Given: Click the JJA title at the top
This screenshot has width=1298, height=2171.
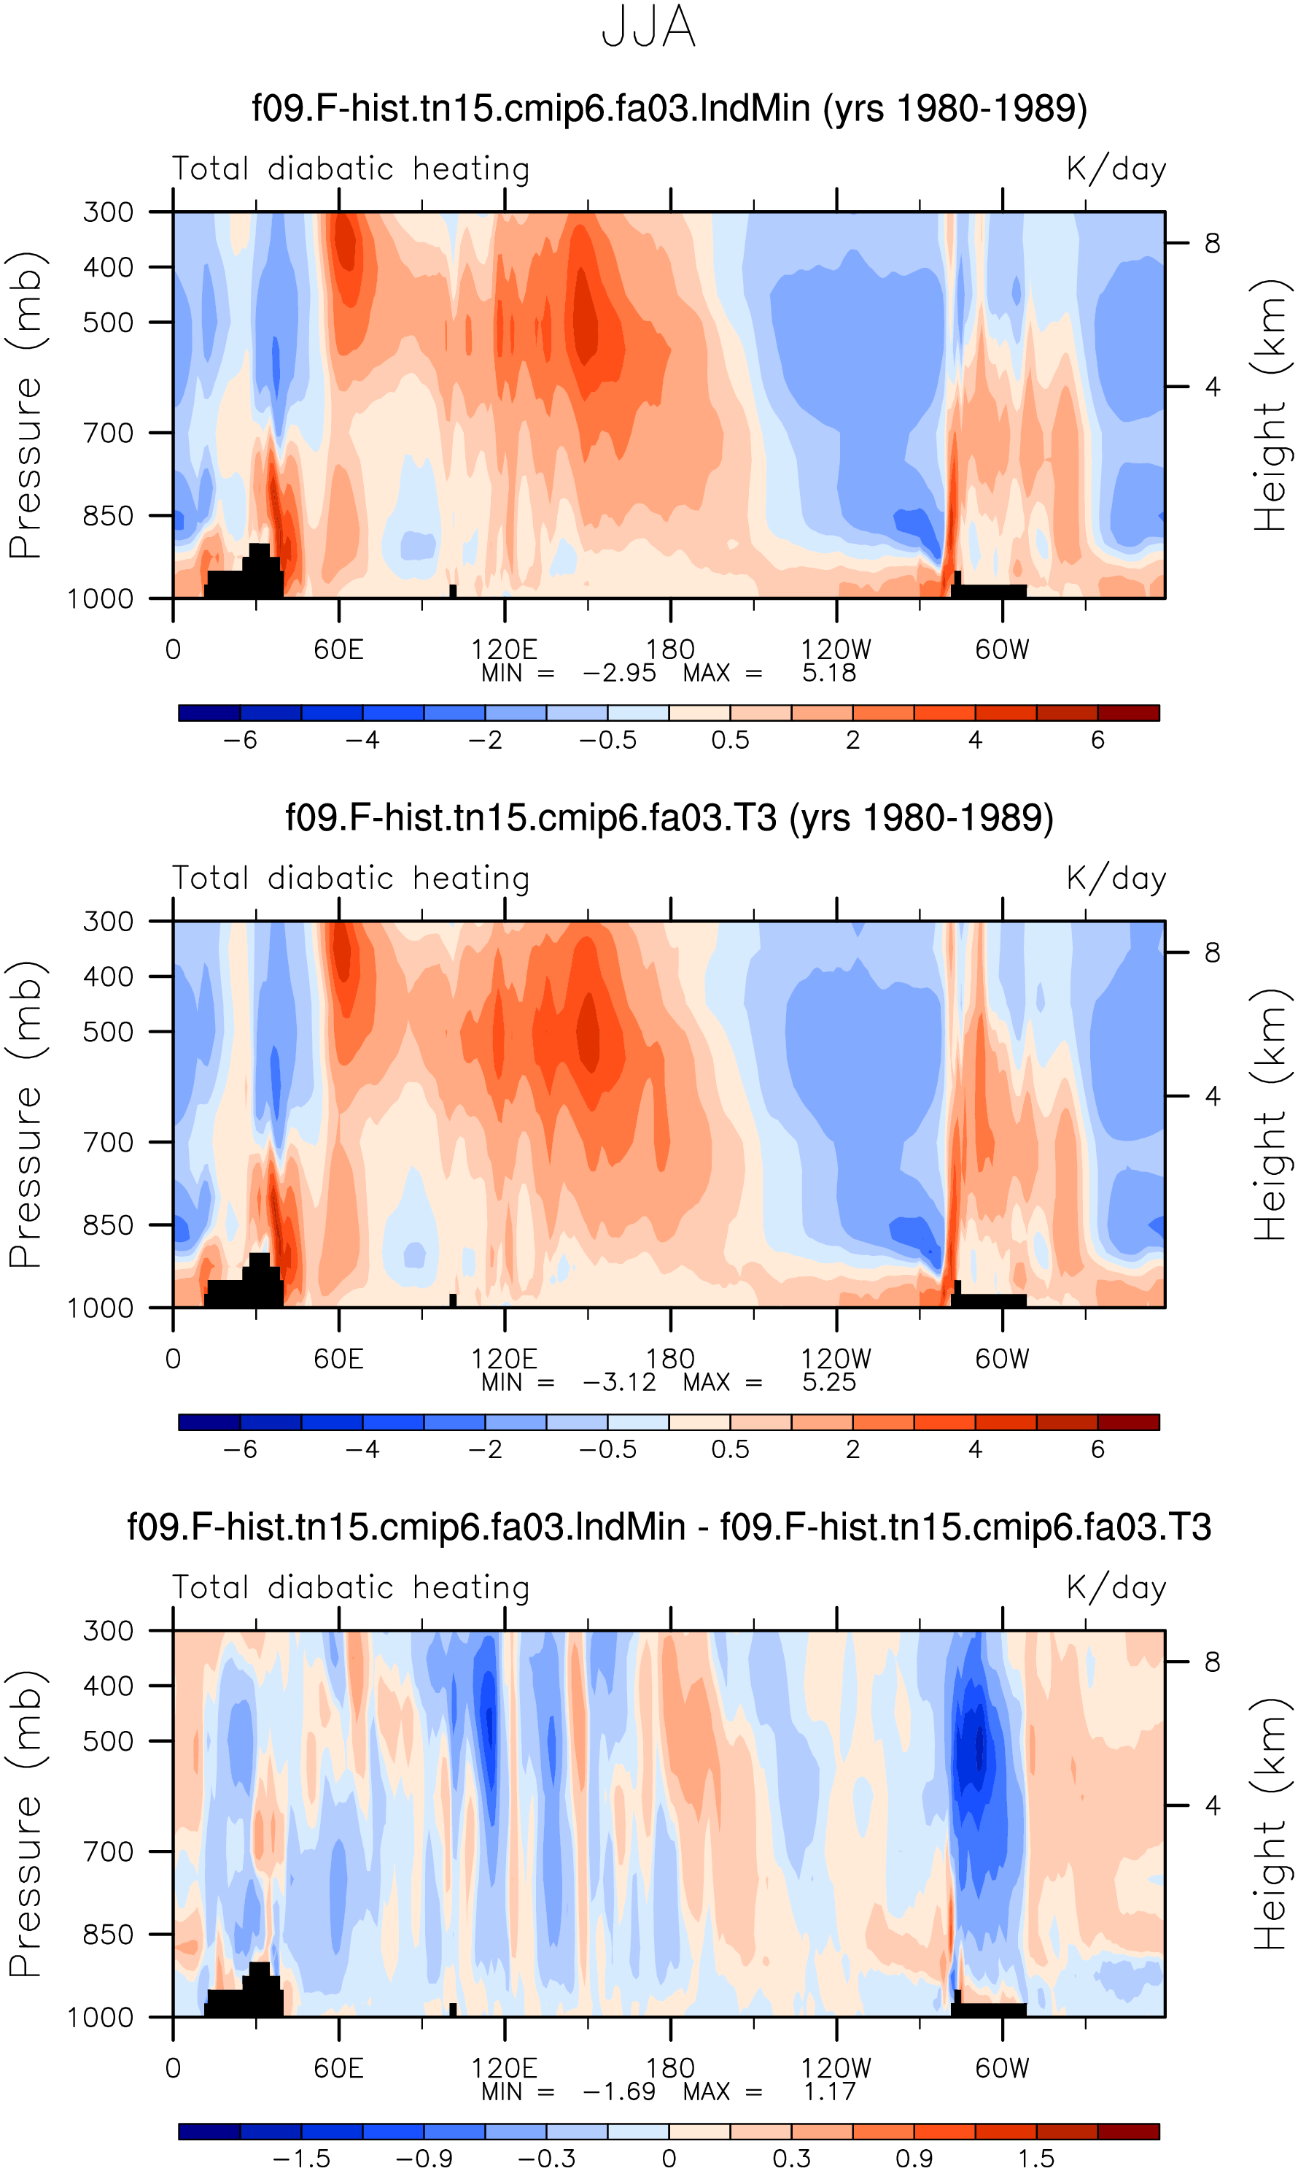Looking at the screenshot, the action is pyautogui.click(x=649, y=26).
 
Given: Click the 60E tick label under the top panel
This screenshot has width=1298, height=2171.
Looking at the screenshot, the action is pyautogui.click(x=338, y=649).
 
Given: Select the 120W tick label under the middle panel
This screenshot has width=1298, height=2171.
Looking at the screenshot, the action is pyautogui.click(x=836, y=1359).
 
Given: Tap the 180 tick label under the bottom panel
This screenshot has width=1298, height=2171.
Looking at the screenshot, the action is pyautogui.click(x=670, y=2069).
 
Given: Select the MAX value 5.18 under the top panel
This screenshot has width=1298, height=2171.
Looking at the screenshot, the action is pyautogui.click(x=829, y=673).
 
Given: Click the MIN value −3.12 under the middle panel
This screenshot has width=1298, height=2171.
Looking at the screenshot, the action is pyautogui.click(x=619, y=1383).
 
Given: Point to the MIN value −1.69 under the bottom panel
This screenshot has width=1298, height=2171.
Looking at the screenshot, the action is pyautogui.click(x=619, y=2092).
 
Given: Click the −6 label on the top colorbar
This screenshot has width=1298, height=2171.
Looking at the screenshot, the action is pyautogui.click(x=241, y=740).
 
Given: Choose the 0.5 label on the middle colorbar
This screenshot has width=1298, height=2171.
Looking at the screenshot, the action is pyautogui.click(x=731, y=1450).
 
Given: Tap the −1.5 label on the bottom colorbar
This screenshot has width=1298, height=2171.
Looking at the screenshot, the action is pyautogui.click(x=302, y=2159).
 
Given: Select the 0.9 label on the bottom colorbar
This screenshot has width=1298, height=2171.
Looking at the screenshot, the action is pyautogui.click(x=914, y=2159).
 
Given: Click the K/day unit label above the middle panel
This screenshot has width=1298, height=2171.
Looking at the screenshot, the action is pyautogui.click(x=1116, y=879).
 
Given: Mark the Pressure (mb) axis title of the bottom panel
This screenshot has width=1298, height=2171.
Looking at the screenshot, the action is pyautogui.click(x=26, y=1824).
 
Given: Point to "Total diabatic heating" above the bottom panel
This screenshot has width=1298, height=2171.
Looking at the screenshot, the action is pyautogui.click(x=351, y=1588).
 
